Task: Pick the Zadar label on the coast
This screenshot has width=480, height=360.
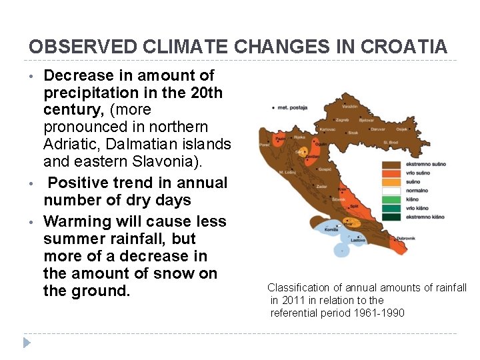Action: (322, 187)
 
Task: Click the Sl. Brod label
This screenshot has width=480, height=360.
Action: (391, 142)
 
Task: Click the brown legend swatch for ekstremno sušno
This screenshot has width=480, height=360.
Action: (391, 164)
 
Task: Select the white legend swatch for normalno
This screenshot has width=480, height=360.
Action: (391, 190)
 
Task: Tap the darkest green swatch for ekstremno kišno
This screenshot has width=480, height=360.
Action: (391, 216)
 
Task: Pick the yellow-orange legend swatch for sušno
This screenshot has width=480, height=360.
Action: (391, 181)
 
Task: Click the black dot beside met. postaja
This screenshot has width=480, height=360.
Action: (273, 107)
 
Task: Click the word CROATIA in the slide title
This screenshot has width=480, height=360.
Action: (405, 47)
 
